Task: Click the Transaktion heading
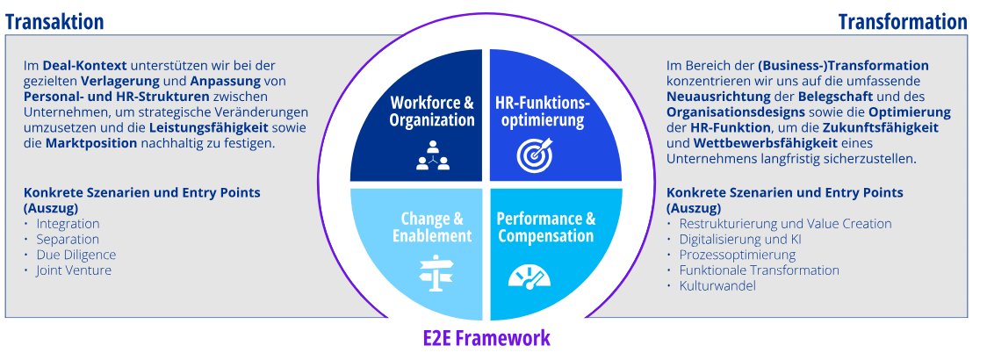(x=54, y=22)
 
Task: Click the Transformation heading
(x=903, y=22)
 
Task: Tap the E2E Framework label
(x=486, y=337)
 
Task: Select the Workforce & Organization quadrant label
(x=432, y=112)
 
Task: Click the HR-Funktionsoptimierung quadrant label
(x=541, y=112)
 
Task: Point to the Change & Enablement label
(x=432, y=227)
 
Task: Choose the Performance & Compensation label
(x=546, y=227)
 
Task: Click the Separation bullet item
(x=68, y=239)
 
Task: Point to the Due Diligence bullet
(x=76, y=255)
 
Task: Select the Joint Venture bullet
(x=74, y=270)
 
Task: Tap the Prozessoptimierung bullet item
(x=738, y=255)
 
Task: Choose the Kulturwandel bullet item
(x=717, y=285)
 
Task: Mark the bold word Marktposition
(x=91, y=143)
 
